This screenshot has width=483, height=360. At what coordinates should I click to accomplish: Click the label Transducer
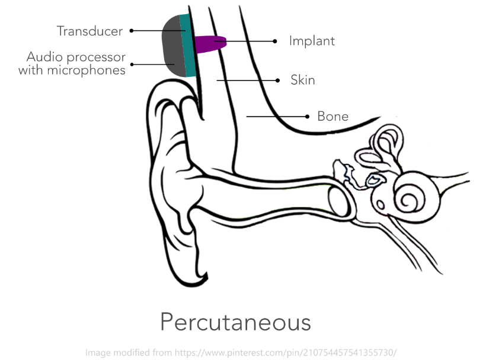click(x=89, y=31)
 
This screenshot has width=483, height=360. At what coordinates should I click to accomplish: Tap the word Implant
click(x=312, y=41)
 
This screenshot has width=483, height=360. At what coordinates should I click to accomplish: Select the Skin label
click(x=303, y=80)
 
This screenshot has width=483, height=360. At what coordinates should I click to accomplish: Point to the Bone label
click(x=332, y=116)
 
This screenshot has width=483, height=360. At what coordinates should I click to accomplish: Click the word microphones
click(x=87, y=70)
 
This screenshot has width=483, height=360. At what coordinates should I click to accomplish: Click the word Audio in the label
click(x=45, y=57)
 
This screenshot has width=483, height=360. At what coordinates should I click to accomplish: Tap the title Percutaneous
click(x=236, y=322)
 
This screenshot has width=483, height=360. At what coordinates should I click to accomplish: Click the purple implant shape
click(x=210, y=44)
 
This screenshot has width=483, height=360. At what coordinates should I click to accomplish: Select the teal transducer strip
click(x=187, y=46)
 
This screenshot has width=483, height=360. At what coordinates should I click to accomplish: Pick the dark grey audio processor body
click(x=172, y=46)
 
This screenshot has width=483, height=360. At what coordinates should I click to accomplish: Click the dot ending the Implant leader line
click(x=275, y=41)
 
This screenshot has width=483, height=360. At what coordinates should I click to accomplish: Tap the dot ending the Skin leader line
click(x=277, y=81)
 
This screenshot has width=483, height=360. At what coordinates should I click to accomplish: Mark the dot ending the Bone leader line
click(x=307, y=116)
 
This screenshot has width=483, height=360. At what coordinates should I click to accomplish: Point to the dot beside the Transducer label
click(x=132, y=30)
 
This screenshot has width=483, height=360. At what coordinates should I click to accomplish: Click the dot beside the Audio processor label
click(x=132, y=65)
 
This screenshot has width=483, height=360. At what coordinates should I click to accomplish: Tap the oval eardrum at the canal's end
click(x=338, y=201)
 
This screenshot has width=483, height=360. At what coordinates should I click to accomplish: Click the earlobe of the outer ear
click(x=188, y=262)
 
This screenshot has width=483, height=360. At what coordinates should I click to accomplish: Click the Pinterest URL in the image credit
click(x=286, y=353)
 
